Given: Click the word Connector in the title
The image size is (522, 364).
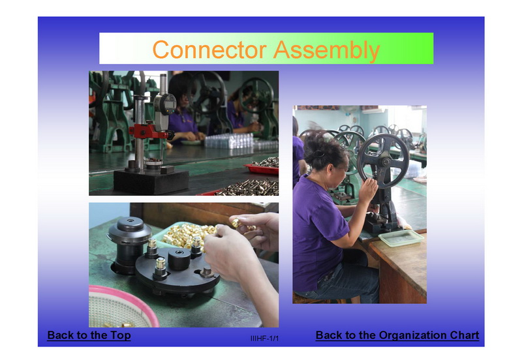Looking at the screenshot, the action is [209, 50].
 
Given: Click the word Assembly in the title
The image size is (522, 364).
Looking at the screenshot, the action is [327, 51].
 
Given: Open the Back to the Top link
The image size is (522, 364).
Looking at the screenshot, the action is [89, 335].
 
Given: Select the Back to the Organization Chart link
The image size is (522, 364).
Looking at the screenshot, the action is [397, 335].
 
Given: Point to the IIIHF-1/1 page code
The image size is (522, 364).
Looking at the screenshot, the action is [265, 339].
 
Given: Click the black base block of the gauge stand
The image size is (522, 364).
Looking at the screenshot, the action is [151, 181].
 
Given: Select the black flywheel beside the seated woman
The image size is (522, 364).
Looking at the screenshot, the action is [383, 161].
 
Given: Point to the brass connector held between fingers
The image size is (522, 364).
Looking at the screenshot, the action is [236, 222].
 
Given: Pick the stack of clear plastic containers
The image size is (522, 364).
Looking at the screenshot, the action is [229, 141].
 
